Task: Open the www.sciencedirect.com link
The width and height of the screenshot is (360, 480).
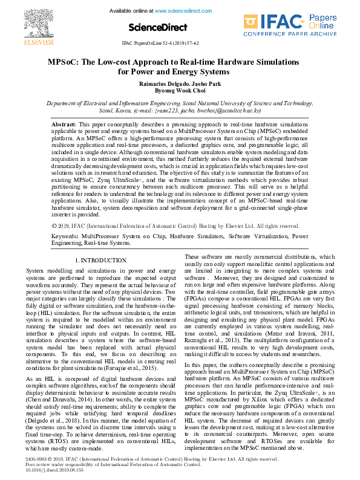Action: pos(181,11)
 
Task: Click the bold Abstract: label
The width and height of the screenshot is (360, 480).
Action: pos(64,123)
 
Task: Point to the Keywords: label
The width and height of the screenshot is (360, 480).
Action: pos(64,236)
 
